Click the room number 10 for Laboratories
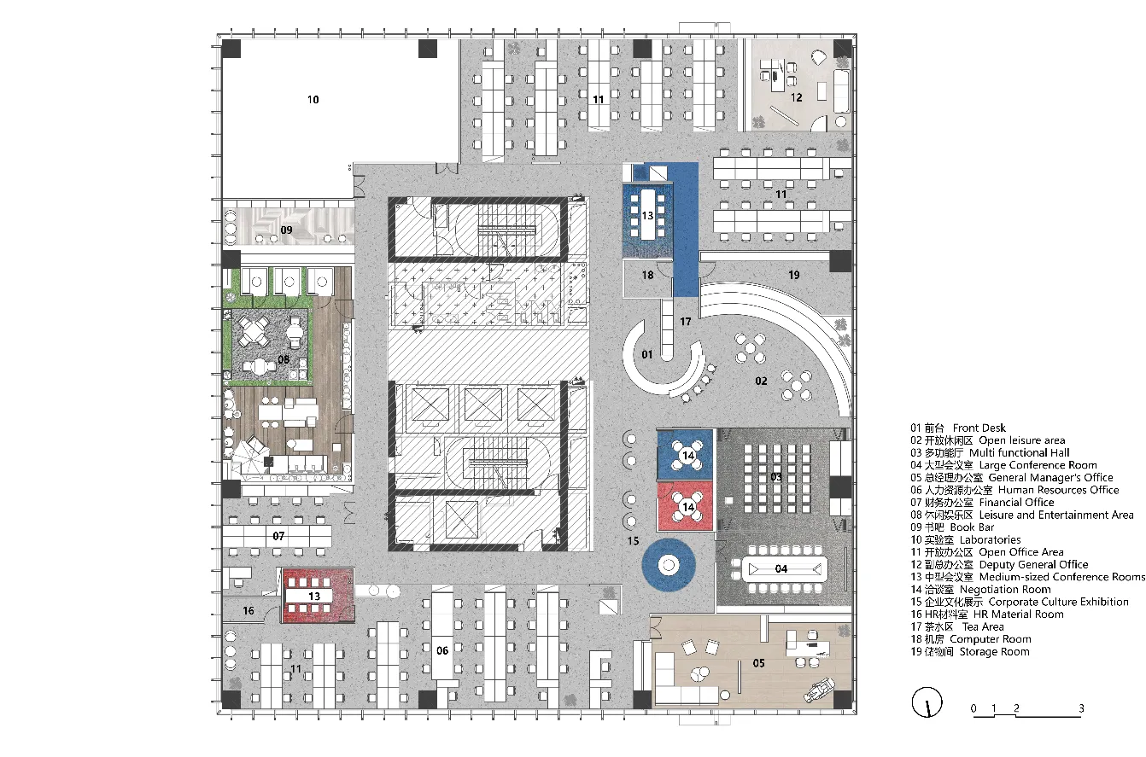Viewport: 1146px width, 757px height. [313, 100]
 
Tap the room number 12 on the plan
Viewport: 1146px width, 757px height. [796, 97]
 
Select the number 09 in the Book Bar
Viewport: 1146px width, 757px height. [287, 230]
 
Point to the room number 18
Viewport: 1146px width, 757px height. [647, 275]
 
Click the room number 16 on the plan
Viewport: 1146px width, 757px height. [248, 610]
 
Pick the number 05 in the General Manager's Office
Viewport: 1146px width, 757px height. [758, 663]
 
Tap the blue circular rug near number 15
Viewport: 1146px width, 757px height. [668, 565]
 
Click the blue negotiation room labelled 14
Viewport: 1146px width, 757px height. [685, 455]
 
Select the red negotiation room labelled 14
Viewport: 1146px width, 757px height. [685, 506]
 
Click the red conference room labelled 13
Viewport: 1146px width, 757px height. [318, 596]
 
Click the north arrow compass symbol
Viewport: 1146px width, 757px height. [927, 702]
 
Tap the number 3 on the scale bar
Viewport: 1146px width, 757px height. [1081, 708]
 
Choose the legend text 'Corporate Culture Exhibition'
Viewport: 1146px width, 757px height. [1058, 602]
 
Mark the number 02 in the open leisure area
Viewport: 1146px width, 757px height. [761, 381]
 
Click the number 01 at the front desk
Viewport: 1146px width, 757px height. [647, 354]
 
